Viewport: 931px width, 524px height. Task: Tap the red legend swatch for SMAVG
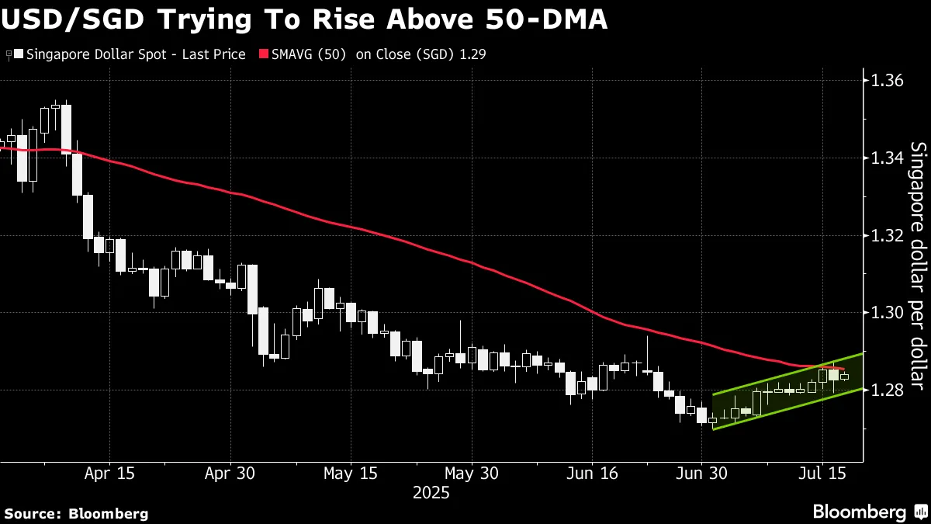pos(264,54)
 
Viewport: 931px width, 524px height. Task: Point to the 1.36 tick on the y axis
pos(888,81)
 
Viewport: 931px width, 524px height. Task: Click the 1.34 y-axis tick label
pos(888,158)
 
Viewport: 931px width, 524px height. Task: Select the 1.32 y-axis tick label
pos(888,235)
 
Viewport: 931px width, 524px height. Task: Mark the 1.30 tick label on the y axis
pos(888,313)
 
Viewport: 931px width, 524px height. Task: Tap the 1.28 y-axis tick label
pos(888,390)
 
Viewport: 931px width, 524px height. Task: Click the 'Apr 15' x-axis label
pos(109,473)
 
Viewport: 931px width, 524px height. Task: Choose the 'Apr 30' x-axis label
pos(230,473)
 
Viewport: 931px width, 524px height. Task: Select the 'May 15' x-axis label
pos(350,473)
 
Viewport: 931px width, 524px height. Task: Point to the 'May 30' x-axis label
pos(471,473)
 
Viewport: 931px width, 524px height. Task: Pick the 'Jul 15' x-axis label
pos(821,473)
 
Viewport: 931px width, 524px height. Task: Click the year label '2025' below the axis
pos(431,492)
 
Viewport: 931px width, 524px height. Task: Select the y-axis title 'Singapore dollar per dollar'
pos(917,265)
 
